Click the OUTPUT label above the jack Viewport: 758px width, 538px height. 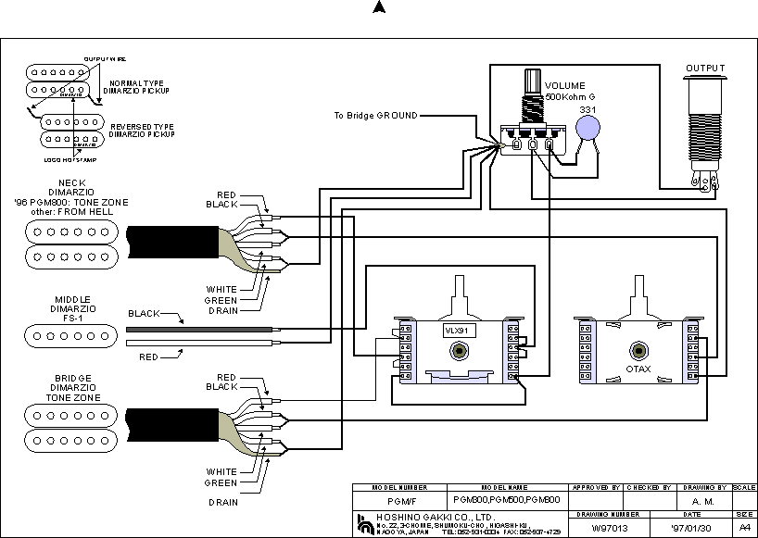click(705, 68)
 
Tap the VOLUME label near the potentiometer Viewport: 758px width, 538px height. click(565, 86)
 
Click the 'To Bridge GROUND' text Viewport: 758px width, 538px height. click(375, 116)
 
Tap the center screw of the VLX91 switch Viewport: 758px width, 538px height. click(461, 352)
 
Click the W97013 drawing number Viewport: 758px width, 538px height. click(602, 526)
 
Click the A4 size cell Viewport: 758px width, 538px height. click(744, 526)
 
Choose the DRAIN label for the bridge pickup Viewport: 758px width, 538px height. click(222, 502)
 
